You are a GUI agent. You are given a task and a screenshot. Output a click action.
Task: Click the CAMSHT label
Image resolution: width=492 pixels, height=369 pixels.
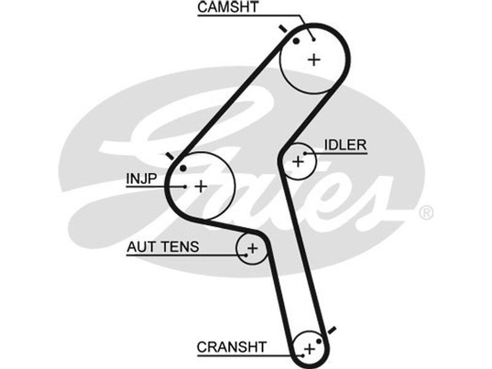tap(229, 7)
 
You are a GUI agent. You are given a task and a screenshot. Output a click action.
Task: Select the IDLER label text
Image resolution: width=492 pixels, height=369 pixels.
tap(345, 145)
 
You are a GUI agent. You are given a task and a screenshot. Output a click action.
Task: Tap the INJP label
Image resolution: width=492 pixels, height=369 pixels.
tap(142, 178)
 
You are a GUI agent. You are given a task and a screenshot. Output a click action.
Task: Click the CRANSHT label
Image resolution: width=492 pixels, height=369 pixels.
tap(232, 347)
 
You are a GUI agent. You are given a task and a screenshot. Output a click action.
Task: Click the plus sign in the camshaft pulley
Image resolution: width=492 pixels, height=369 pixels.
tap(314, 60)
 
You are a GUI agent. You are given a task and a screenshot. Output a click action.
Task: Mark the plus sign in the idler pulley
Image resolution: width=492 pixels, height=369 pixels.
tap(298, 161)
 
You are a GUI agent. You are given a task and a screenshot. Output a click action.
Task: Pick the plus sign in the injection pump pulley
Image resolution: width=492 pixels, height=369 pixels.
tap(201, 186)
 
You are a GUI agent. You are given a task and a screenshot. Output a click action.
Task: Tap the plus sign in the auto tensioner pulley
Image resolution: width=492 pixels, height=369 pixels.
tap(252, 248)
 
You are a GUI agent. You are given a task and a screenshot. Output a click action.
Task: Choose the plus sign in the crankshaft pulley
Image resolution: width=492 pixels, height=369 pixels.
tap(309, 349)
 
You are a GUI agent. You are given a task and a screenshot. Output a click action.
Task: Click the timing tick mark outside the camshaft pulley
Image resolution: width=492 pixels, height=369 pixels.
tap(283, 29)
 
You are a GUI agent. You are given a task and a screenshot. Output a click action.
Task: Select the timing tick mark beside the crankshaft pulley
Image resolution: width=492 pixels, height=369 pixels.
tap(331, 330)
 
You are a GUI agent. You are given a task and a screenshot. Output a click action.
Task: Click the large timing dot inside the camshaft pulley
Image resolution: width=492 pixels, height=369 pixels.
tap(296, 41)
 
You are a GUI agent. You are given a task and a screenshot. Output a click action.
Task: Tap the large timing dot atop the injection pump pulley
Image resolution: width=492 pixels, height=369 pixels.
tap(183, 168)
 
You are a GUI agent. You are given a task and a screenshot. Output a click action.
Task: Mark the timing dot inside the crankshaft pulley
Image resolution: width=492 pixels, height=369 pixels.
tap(319, 341)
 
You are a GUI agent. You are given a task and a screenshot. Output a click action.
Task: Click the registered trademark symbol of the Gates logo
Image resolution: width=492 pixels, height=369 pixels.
tap(426, 213)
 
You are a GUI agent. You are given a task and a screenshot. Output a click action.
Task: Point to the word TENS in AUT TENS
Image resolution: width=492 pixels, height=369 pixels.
tap(183, 247)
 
